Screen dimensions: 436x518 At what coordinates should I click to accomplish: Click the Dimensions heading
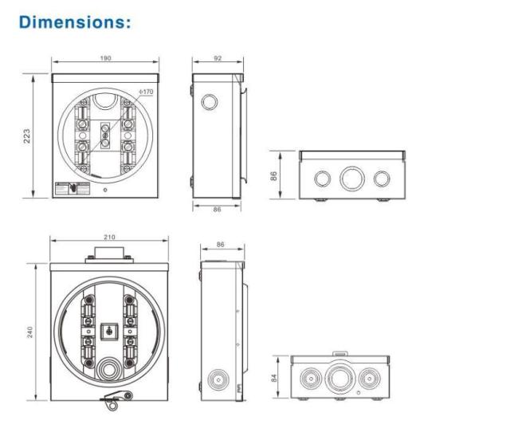point(75,22)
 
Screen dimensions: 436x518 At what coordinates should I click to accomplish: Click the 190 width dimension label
point(106,59)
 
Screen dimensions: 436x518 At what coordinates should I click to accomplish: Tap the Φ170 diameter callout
point(145,92)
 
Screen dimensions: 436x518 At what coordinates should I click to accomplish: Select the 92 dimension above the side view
point(217,59)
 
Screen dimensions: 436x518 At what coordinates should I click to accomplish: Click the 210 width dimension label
point(110,237)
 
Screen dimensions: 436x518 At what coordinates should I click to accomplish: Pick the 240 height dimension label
point(29,332)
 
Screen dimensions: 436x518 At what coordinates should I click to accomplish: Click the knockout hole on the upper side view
point(210,103)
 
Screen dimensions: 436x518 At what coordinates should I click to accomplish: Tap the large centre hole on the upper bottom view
point(351,178)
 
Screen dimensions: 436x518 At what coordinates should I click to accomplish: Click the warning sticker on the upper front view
point(72,189)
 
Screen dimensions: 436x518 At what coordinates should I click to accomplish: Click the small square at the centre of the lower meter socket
point(108,328)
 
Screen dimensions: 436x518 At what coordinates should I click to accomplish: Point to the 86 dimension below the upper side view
point(217,208)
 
